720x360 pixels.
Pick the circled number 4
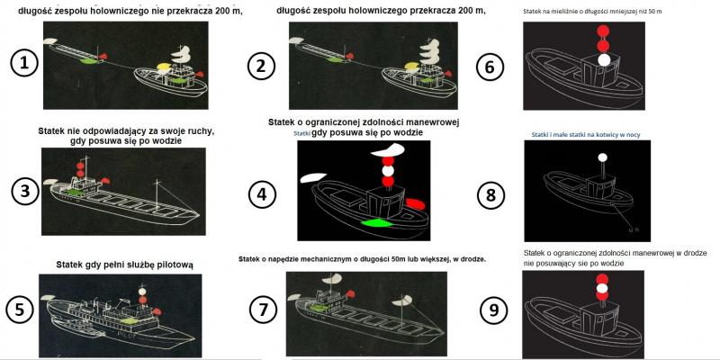click(x=262, y=190)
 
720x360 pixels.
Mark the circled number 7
click(x=262, y=308)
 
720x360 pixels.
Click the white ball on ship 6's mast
click(x=604, y=59)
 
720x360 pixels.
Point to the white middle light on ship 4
click(x=387, y=168)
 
